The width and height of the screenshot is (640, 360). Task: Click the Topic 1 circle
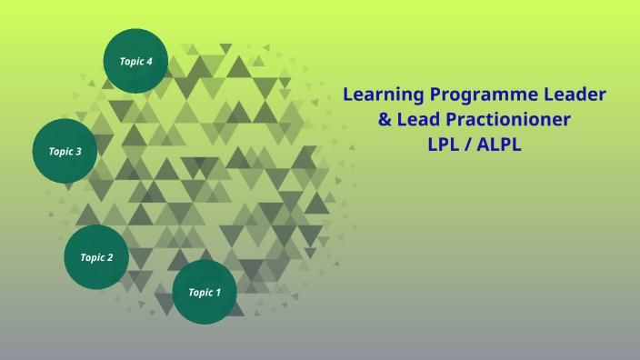click(x=205, y=292)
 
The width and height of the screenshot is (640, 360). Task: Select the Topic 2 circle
click(x=96, y=257)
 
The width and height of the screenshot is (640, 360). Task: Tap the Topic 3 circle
click(x=65, y=151)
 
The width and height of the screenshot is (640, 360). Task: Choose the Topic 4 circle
click(x=135, y=61)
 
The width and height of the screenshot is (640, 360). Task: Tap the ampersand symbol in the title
click(x=385, y=120)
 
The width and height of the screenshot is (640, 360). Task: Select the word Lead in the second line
click(x=418, y=119)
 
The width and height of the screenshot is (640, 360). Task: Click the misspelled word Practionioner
click(x=508, y=120)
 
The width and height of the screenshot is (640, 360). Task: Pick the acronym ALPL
click(x=499, y=145)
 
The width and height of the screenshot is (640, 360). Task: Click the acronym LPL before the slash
click(x=443, y=145)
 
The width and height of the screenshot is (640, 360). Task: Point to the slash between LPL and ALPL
click(x=467, y=145)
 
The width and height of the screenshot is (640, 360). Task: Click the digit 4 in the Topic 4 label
click(x=149, y=61)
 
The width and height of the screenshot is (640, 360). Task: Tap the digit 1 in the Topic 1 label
click(x=218, y=292)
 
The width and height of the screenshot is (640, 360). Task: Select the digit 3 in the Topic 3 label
click(x=78, y=152)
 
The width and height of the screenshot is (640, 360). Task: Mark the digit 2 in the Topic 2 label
click(x=110, y=257)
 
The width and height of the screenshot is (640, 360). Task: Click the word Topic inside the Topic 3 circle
click(x=61, y=152)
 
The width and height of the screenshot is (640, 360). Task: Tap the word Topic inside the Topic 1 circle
click(x=201, y=293)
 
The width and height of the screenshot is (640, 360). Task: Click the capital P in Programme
click(x=436, y=95)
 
